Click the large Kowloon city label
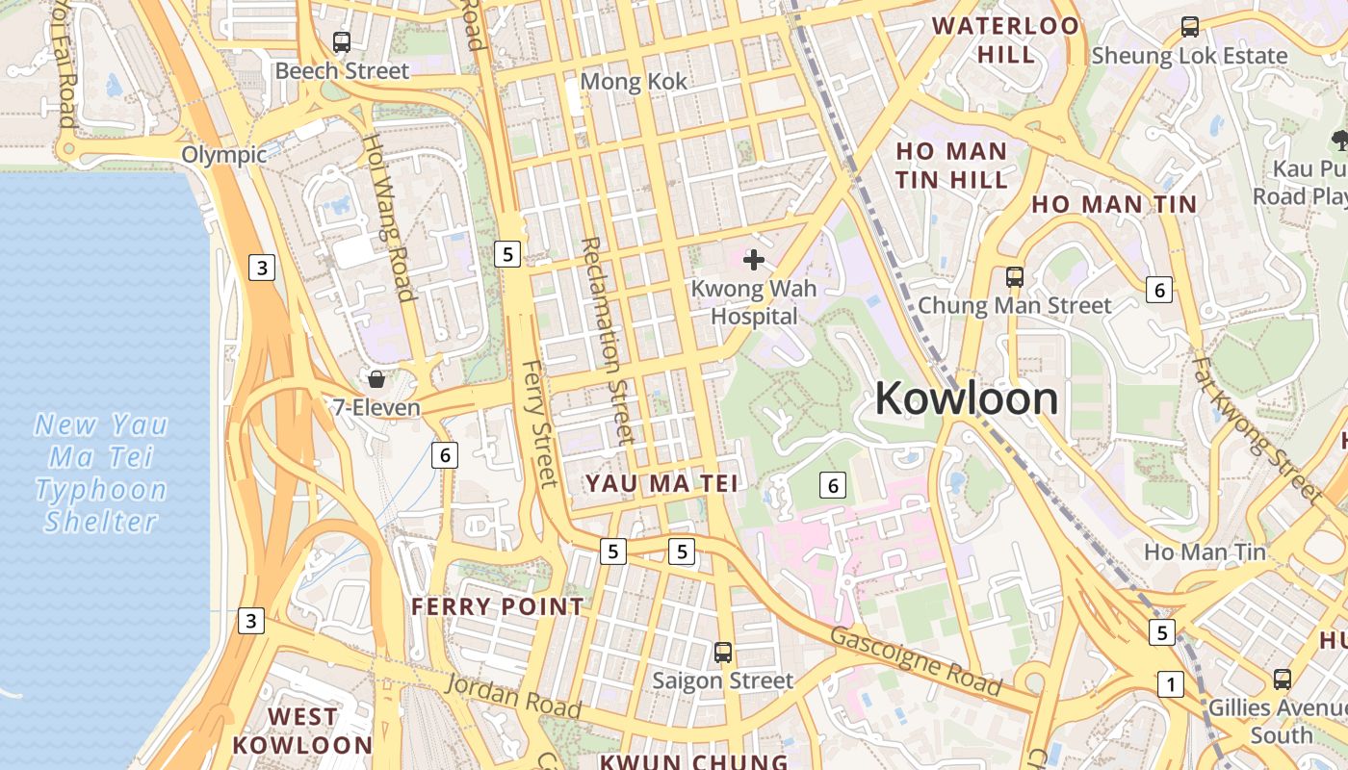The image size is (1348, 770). pyautogui.click(x=966, y=398)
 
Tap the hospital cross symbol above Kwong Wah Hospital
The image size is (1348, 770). pyautogui.click(x=754, y=260)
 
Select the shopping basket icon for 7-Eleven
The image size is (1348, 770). pyautogui.click(x=376, y=379)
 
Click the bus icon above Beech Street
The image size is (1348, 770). pyautogui.click(x=342, y=42)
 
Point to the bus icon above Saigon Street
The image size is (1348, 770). pyautogui.click(x=723, y=653)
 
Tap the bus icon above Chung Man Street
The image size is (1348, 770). pyautogui.click(x=1014, y=277)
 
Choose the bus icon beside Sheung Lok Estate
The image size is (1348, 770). pyautogui.click(x=1190, y=27)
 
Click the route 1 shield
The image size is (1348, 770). pyautogui.click(x=1170, y=684)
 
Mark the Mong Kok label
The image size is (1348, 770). pyautogui.click(x=634, y=82)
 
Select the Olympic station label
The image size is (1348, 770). pyautogui.click(x=223, y=155)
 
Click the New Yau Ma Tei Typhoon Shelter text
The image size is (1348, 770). pyautogui.click(x=101, y=473)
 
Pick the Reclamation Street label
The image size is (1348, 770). pyautogui.click(x=606, y=341)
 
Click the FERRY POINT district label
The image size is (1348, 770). pyautogui.click(x=497, y=606)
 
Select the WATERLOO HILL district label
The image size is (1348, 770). pyautogui.click(x=1006, y=39)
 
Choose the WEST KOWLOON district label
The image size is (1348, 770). pyautogui.click(x=302, y=731)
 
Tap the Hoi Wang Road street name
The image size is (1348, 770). pyautogui.click(x=388, y=217)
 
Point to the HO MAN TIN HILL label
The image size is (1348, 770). pyautogui.click(x=951, y=166)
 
